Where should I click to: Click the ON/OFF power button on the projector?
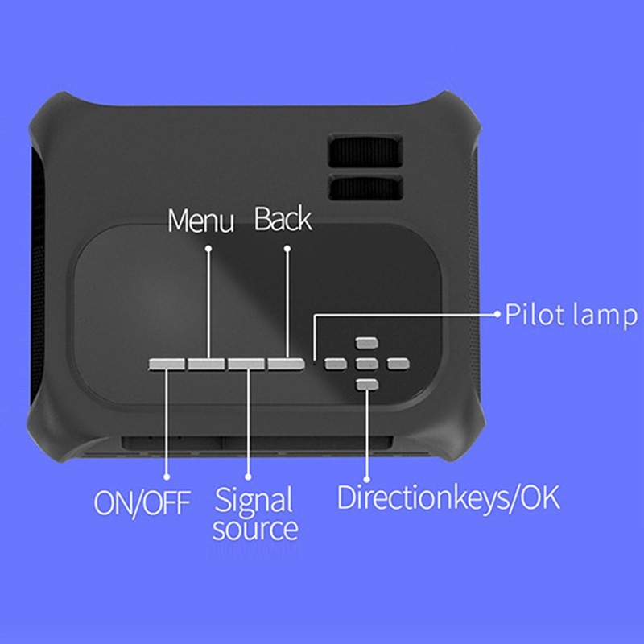click(x=167, y=365)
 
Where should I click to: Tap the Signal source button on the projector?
click(x=246, y=365)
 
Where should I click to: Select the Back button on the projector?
click(x=287, y=365)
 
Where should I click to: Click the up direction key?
click(x=366, y=344)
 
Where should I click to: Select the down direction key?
click(x=366, y=385)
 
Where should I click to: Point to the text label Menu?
click(x=200, y=221)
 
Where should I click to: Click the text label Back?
click(x=283, y=219)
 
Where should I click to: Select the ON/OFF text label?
click(x=142, y=503)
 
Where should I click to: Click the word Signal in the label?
click(x=253, y=500)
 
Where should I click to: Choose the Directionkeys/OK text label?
click(x=448, y=497)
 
